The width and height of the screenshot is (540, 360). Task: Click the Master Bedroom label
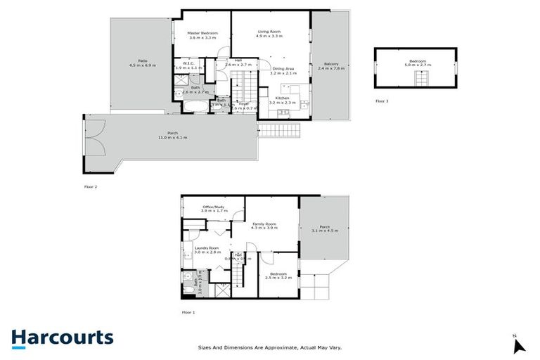point(202,33)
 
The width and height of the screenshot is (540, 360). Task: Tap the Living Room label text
point(270,32)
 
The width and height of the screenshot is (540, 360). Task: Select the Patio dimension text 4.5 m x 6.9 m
point(142,65)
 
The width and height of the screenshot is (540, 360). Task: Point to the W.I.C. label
point(188,63)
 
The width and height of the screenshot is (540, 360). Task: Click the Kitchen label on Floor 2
point(282,98)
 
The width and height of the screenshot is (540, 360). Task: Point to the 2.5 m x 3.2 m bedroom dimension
point(278,278)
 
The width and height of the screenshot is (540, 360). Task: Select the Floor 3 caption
point(381,101)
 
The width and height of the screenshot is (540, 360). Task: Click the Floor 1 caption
point(188,311)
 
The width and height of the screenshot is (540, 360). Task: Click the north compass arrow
point(519,345)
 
